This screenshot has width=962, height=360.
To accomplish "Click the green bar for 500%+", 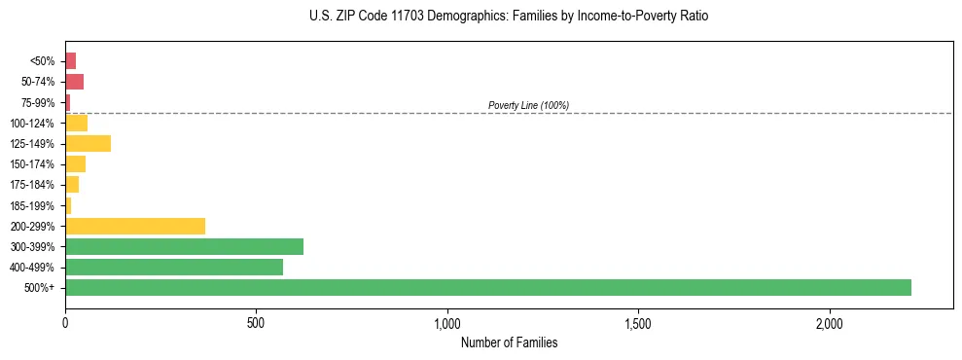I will tap(487, 287).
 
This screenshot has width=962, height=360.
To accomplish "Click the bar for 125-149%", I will tap(88, 143).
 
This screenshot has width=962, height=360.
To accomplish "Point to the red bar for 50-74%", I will tap(74, 82).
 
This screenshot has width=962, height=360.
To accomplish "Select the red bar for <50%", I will tap(70, 61).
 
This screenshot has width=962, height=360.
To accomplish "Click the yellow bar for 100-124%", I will tap(76, 123).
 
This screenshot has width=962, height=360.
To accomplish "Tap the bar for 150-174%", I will tap(75, 163).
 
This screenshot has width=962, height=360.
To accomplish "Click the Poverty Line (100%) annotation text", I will tap(528, 105).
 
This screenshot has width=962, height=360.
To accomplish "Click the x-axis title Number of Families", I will tap(509, 342).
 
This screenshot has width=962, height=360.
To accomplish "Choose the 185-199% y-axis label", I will tap(34, 205).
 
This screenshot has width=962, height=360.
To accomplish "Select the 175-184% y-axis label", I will tap(34, 185).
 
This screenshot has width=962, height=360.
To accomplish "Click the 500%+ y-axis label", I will tap(41, 288).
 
